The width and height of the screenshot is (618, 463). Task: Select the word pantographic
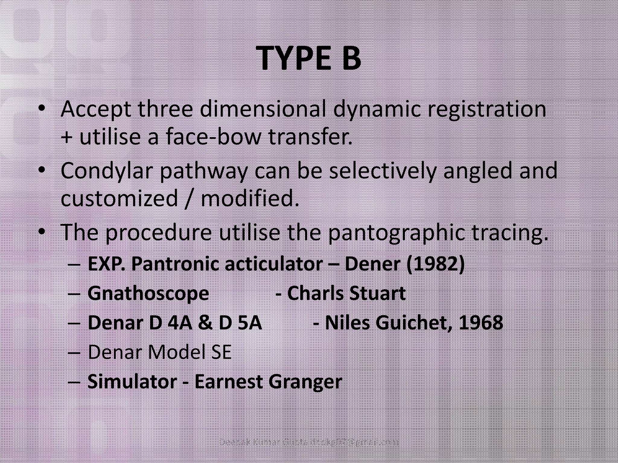(396, 233)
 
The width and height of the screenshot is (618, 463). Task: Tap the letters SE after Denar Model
(220, 352)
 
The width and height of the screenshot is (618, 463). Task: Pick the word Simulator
(132, 382)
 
